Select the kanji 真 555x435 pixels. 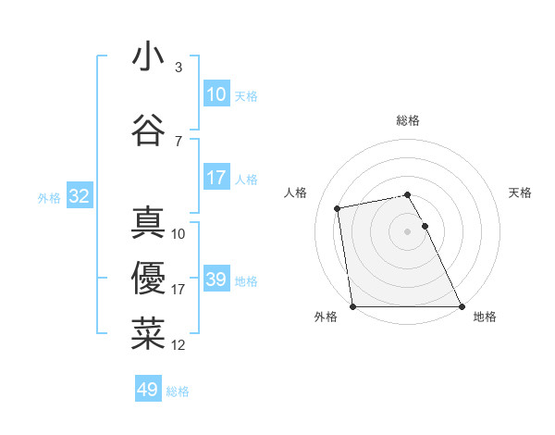pos(148,223)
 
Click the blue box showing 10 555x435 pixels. pos(216,94)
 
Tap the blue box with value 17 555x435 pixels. pos(216,178)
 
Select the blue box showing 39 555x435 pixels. pos(216,280)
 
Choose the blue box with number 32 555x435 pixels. pos(79,196)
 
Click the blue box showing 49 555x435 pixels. pos(148,390)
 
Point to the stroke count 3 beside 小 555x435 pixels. pos(178,68)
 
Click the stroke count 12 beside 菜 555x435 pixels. pos(179,345)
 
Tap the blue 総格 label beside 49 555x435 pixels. pos(178,391)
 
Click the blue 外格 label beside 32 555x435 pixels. pos(49,197)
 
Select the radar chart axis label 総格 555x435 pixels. pos(407,120)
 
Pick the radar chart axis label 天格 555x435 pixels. pos(520,193)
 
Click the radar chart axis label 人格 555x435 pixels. pos(295,193)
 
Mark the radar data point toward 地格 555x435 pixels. pos(461,306)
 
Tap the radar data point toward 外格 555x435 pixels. pos(352,306)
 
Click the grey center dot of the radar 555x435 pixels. pos(407,231)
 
